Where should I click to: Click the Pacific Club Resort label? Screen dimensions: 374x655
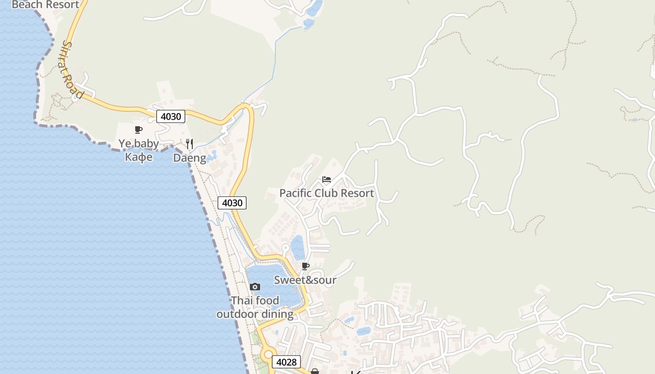point(327,193)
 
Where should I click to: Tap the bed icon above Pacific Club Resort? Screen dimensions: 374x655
point(327,180)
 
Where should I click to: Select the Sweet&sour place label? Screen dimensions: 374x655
point(305,280)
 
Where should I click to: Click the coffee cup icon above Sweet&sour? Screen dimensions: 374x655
point(305,266)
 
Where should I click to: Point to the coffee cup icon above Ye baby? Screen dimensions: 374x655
point(138,130)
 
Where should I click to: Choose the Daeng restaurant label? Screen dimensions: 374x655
point(189,158)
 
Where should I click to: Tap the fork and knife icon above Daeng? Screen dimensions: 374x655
point(189,144)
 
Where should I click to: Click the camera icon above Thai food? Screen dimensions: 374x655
point(255,287)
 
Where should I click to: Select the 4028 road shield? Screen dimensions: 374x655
point(286,362)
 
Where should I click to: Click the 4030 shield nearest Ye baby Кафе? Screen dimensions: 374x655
point(170,116)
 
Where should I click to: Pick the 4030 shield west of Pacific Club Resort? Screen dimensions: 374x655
point(232,203)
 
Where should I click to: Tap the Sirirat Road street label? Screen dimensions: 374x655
point(73,70)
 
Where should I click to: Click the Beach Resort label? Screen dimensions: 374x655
point(45,5)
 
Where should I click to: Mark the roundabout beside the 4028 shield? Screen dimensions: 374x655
point(268,355)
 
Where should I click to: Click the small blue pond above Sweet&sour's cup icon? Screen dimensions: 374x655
point(298,248)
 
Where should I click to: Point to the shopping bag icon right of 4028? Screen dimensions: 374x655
point(315,371)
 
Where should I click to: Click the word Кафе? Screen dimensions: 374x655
point(138,157)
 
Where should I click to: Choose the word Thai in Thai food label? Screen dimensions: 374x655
point(242,301)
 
